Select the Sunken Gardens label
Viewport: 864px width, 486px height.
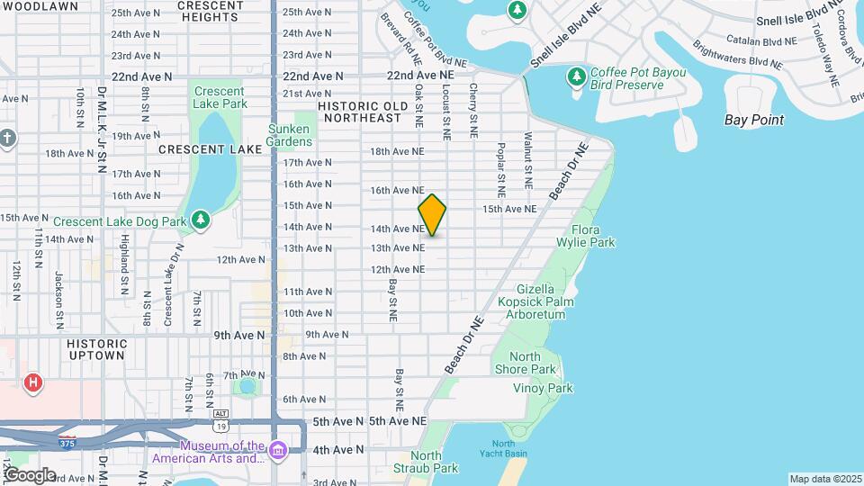[x=290, y=135]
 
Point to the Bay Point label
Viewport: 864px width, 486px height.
[x=754, y=120]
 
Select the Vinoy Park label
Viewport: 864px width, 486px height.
[x=543, y=388]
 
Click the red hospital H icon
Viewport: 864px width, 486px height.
[x=33, y=383]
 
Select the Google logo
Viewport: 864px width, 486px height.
[x=29, y=474]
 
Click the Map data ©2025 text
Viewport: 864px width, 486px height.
[x=825, y=479]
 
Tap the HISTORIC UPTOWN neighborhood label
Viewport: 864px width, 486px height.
[x=95, y=349]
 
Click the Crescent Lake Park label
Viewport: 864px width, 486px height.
[x=219, y=97]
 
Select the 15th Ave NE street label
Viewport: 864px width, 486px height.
[x=509, y=209]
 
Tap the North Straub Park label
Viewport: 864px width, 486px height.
[x=426, y=462]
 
